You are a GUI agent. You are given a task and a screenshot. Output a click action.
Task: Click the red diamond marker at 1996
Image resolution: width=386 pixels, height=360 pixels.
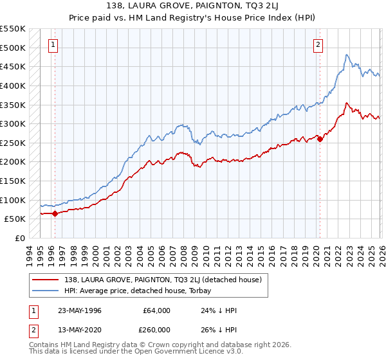point(55,213)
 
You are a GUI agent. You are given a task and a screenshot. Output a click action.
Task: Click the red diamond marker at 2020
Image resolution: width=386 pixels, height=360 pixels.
point(320,139)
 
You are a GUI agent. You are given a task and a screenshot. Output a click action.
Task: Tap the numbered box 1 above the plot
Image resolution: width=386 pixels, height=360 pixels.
point(53,44)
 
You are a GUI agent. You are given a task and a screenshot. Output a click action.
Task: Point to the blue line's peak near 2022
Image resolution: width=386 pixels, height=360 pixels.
point(347,55)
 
